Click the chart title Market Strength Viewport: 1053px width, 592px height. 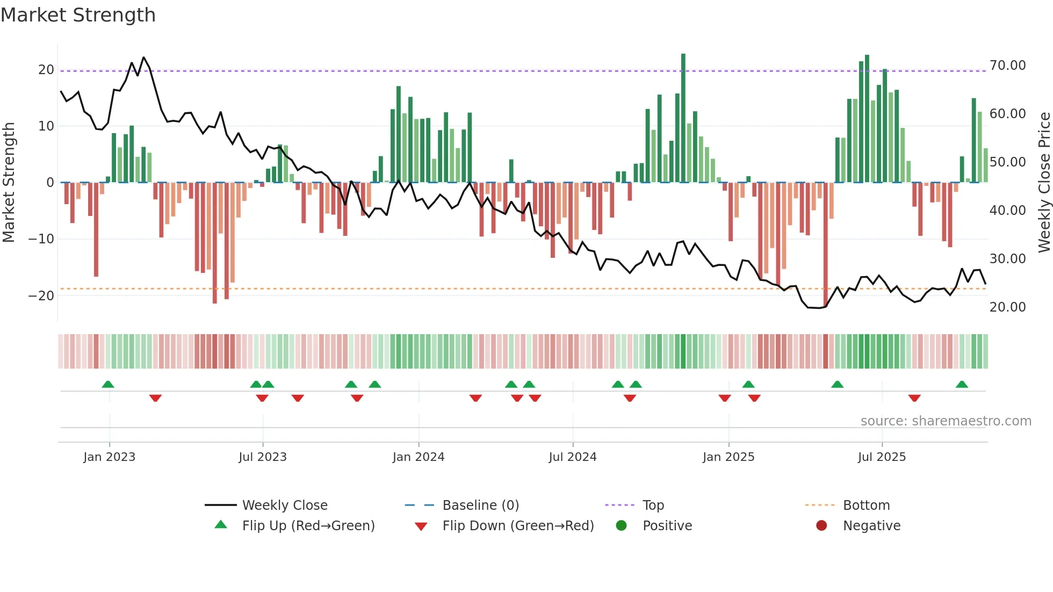pos(78,15)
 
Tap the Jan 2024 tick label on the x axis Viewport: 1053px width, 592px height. pos(419,457)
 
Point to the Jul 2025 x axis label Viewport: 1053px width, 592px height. pos(882,457)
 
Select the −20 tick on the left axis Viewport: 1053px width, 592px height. pos(41,296)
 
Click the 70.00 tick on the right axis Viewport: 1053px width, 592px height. pos(1007,66)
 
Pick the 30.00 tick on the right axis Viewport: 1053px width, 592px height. pos(1007,259)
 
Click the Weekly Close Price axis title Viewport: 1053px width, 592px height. pos(1044,183)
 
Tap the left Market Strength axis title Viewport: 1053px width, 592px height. pos(9,183)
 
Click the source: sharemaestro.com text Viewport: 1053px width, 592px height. pos(946,421)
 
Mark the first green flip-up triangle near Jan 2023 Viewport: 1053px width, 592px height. pos(108,385)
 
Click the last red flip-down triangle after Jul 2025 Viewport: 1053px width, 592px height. pos(914,398)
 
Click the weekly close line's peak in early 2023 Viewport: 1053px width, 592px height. pos(143,57)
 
